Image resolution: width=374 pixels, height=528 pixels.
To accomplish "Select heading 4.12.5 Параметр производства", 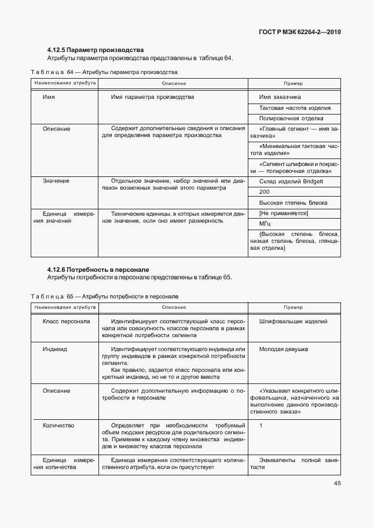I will pos(96,50).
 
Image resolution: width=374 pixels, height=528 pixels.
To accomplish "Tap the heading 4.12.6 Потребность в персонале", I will pos(98,269).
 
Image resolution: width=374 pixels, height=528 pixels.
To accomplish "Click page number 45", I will pos(337,484).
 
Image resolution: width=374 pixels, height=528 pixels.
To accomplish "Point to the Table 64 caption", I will pos(104,72).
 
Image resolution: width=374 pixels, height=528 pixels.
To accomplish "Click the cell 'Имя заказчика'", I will pos(280,97).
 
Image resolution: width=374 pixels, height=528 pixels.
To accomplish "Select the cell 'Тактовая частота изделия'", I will pos(295,108).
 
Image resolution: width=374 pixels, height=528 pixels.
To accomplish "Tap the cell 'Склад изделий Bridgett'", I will pos(291,181).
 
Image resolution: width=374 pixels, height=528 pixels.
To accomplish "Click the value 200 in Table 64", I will pos(265,192).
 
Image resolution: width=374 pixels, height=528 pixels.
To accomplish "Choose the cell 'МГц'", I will pos(265,223).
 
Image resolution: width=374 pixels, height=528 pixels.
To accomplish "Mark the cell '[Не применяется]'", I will pos(283,213).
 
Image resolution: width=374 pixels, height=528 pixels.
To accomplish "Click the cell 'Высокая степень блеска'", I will pos(293,202).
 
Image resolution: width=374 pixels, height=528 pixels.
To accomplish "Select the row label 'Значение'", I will pos(56,181).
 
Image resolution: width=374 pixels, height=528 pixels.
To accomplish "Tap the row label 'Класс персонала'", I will pos(66,321).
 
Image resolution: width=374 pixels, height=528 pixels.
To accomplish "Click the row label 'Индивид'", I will pos(55,349).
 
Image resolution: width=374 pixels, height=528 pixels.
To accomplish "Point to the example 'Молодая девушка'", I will pos(284,349).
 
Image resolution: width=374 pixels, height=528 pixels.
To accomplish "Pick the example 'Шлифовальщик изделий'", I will pos(294,321).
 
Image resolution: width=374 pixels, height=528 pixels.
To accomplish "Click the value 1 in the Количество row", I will pos(261,426).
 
